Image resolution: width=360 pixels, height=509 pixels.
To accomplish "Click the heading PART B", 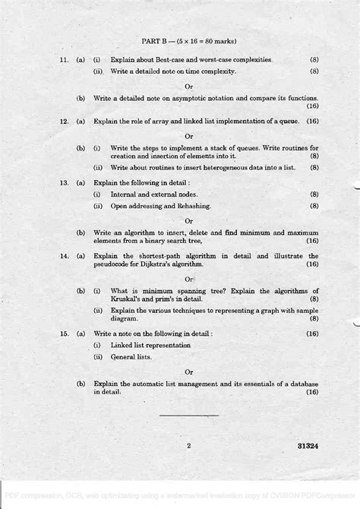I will (x=156, y=40).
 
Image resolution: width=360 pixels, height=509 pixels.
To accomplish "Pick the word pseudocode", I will (x=115, y=265).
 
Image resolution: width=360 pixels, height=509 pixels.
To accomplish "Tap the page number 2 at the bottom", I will (x=188, y=446).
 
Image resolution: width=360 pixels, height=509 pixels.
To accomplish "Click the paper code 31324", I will (x=306, y=446).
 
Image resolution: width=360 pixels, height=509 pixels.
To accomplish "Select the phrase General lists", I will (x=131, y=356).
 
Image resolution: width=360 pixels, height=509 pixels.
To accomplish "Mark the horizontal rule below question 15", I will (x=188, y=415).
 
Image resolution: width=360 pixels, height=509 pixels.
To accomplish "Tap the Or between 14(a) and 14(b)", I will (x=189, y=279).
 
